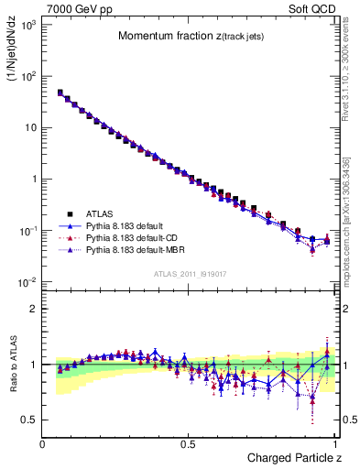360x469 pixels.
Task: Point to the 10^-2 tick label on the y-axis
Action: point(27,281)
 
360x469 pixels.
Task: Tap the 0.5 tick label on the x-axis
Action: point(190,443)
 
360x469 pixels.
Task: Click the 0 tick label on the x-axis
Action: point(43,443)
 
